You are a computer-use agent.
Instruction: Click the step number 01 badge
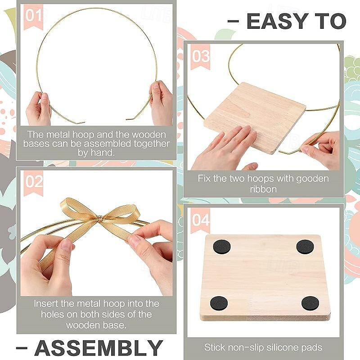pyautogui.click(x=33, y=16)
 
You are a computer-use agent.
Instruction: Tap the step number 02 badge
pyautogui.click(x=34, y=182)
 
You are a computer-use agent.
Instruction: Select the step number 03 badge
pyautogui.click(x=201, y=56)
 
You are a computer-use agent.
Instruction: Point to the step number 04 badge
pyautogui.click(x=201, y=220)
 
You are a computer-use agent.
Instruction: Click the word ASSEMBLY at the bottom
pyautogui.click(x=99, y=347)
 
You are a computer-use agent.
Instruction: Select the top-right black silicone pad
pyautogui.click(x=304, y=246)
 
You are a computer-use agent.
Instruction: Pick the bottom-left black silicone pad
pyautogui.click(x=219, y=302)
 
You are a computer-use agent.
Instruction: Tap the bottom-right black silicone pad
pyautogui.click(x=310, y=303)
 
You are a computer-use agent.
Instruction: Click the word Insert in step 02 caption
pyautogui.click(x=48, y=304)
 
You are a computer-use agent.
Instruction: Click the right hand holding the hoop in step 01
pyautogui.click(x=160, y=103)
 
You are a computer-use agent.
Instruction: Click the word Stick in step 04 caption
pyautogui.click(x=215, y=347)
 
